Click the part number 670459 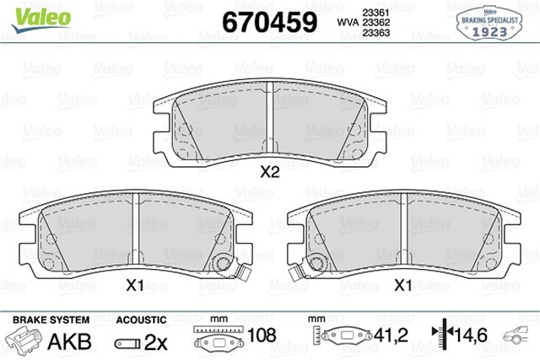(x=268, y=21)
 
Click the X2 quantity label (x=268, y=174)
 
